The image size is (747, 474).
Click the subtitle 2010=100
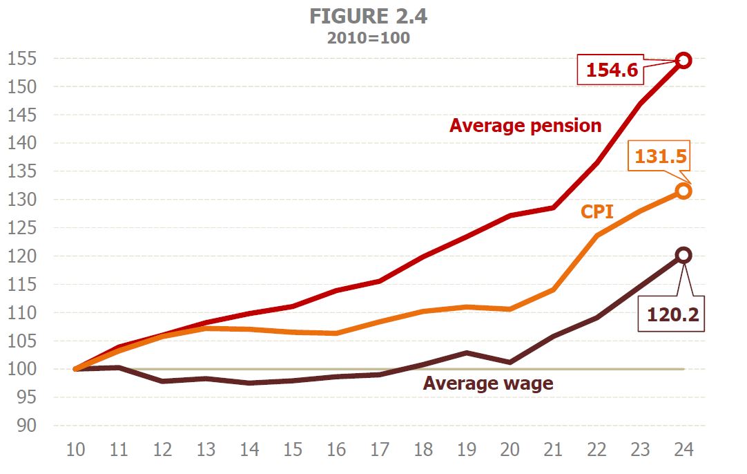[x=368, y=38]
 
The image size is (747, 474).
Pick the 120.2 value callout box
[x=673, y=314]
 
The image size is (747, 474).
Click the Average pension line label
[x=525, y=126]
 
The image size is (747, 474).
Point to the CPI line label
[x=596, y=211]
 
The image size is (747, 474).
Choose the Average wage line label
[x=488, y=383]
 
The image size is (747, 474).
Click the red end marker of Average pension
[x=683, y=60]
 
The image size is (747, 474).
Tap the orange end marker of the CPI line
[x=683, y=191]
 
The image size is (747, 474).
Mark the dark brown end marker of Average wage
[x=683, y=255]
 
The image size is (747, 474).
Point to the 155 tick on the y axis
[x=22, y=59]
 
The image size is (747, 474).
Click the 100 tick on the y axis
[x=22, y=369]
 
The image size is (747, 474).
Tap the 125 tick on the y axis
[x=22, y=228]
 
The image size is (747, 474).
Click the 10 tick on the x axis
[x=75, y=451]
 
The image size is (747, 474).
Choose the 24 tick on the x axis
[x=683, y=451]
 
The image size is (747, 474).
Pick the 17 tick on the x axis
[x=379, y=451]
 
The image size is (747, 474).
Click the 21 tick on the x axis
[x=553, y=451]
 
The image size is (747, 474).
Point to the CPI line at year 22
[x=596, y=236]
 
